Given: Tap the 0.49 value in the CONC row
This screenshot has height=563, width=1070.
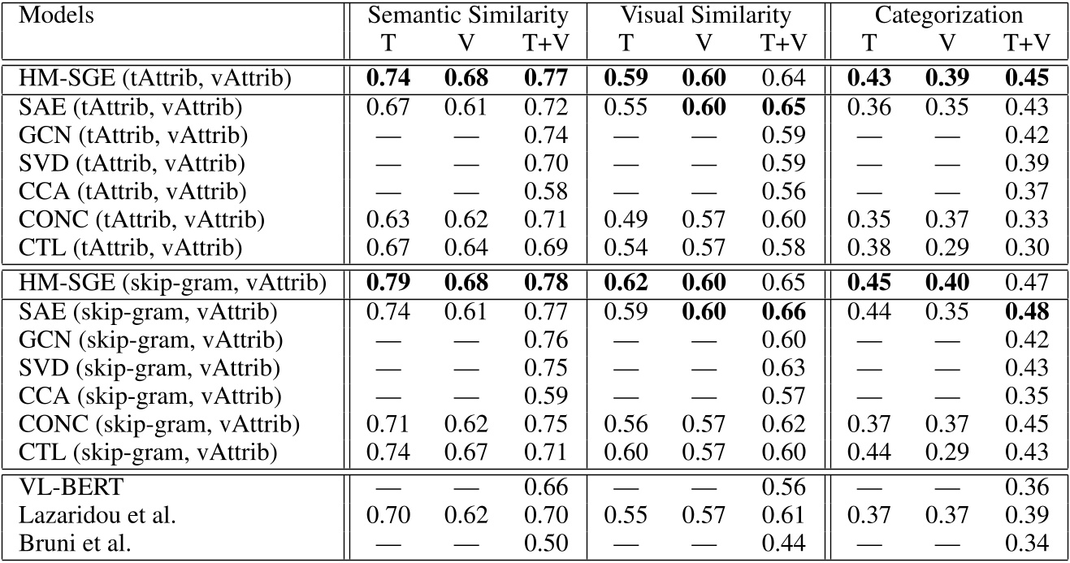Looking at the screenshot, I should click(x=625, y=221).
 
